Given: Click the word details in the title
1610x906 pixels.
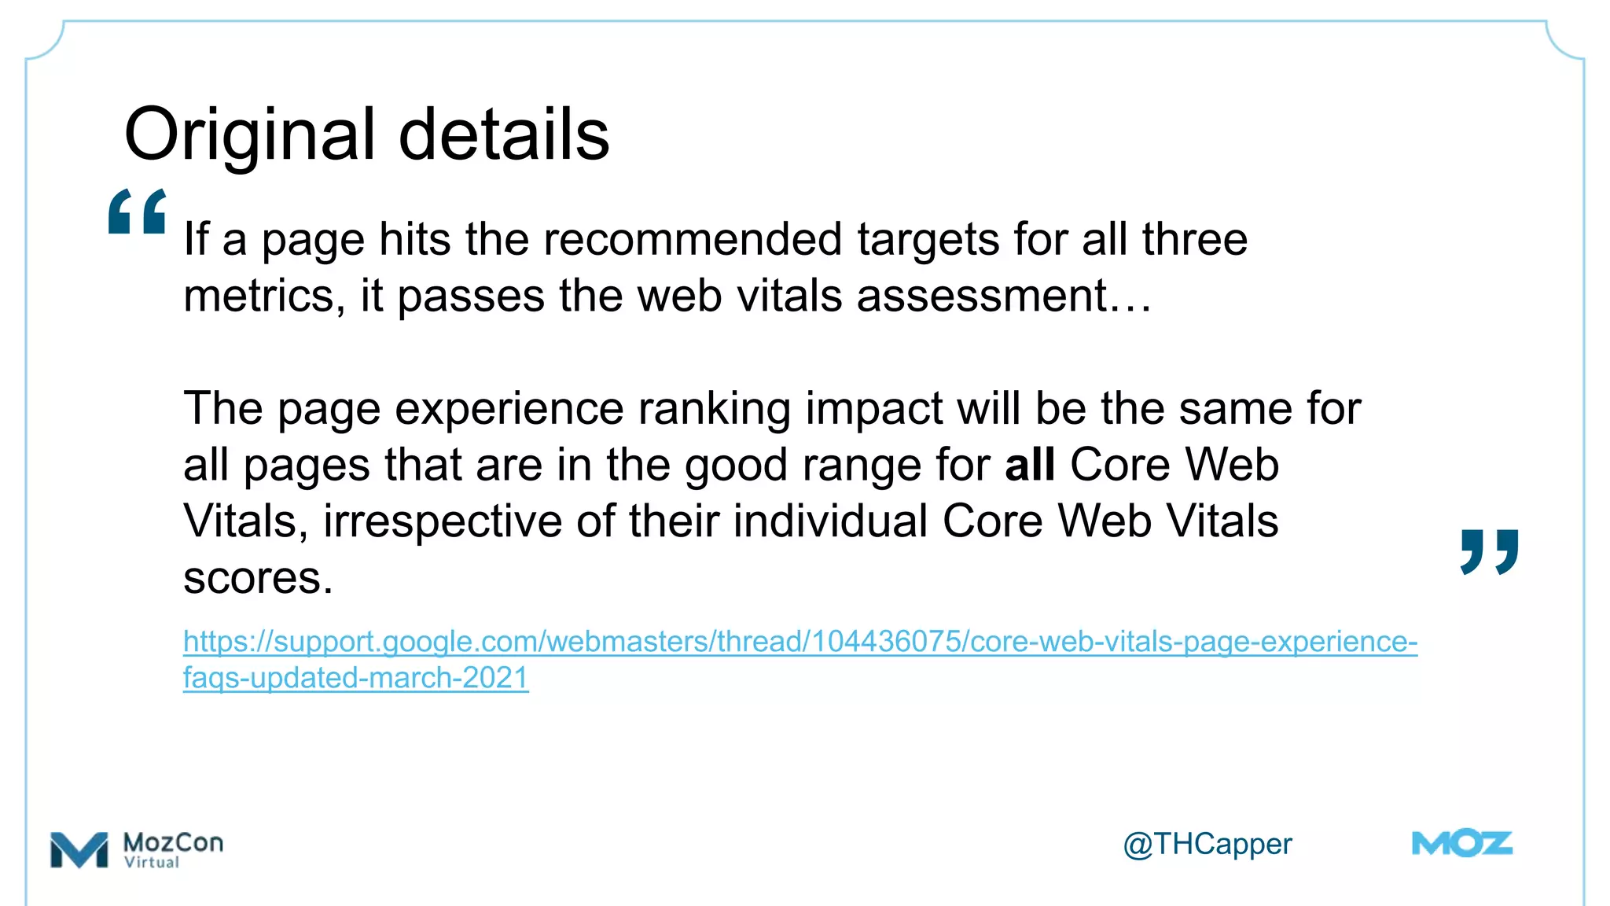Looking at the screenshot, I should (504, 135).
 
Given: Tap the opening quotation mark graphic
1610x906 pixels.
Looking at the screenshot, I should (137, 212).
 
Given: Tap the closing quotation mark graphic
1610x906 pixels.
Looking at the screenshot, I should (1489, 551).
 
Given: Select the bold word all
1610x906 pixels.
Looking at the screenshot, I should (1029, 464).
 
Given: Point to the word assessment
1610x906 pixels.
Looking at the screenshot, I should (982, 296).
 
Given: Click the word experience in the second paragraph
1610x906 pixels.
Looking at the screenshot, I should (509, 408).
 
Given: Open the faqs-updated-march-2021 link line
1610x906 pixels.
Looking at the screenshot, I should (355, 677).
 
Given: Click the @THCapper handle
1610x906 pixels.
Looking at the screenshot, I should (1207, 844).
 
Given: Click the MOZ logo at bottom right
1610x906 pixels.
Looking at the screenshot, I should (1461, 844).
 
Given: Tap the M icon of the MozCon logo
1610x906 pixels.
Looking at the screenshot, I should (79, 849).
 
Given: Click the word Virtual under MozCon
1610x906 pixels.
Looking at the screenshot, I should (152, 862).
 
